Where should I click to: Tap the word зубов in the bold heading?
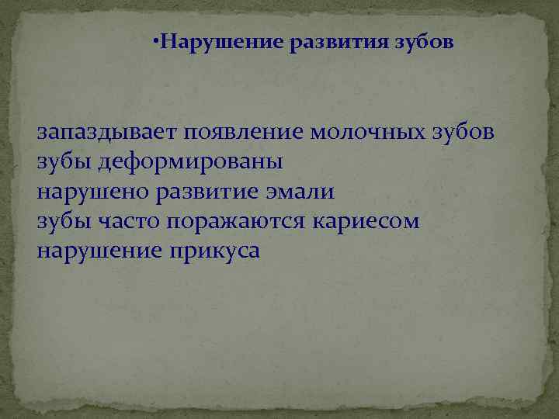point(424,42)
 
